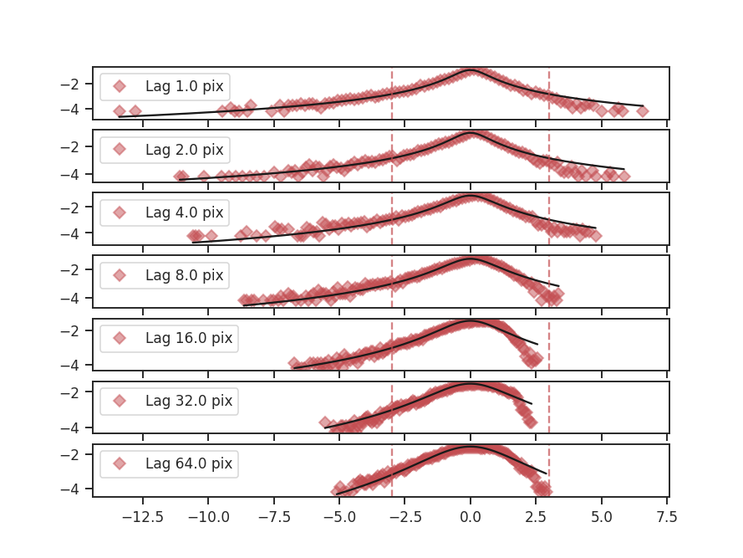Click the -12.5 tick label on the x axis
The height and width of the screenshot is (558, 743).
pos(142,517)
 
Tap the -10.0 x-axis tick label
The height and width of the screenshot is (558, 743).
pos(208,517)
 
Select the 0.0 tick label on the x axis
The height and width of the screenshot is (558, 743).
pos(471,517)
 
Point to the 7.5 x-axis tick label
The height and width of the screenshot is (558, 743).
pos(667,517)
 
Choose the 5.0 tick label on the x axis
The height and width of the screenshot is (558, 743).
pos(602,517)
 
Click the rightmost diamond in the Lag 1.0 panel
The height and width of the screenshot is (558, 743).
pos(642,110)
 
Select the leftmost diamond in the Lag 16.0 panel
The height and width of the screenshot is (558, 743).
pos(294,364)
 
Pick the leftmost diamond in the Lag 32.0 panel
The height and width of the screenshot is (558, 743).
pos(325,422)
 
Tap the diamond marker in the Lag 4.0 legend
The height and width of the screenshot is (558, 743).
pos(120,212)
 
